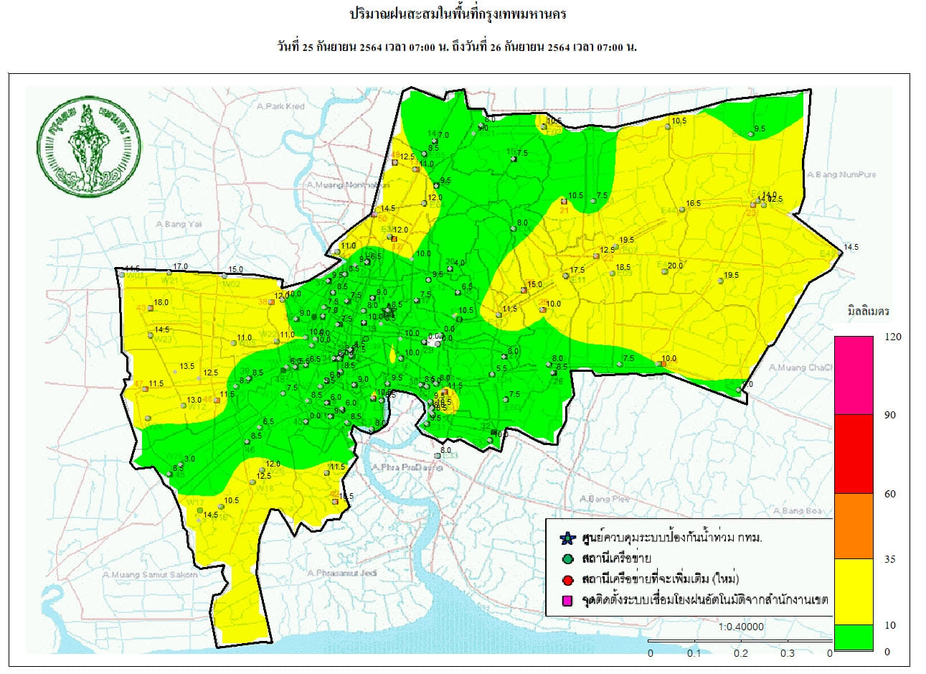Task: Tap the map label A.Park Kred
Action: (280, 106)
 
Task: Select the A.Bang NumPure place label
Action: (841, 174)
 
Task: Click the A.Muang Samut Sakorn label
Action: (149, 574)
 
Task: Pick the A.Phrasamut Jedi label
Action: (341, 573)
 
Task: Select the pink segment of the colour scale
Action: (854, 375)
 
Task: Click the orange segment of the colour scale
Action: (854, 525)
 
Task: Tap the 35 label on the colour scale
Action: (890, 559)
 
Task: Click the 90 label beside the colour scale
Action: (890, 416)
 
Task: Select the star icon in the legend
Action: (567, 538)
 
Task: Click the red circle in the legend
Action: (567, 579)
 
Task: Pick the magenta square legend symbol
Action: (567, 600)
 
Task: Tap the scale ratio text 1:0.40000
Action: (741, 627)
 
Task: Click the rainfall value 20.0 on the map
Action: (675, 266)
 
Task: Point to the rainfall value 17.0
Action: (180, 266)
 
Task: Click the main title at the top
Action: (462, 14)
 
